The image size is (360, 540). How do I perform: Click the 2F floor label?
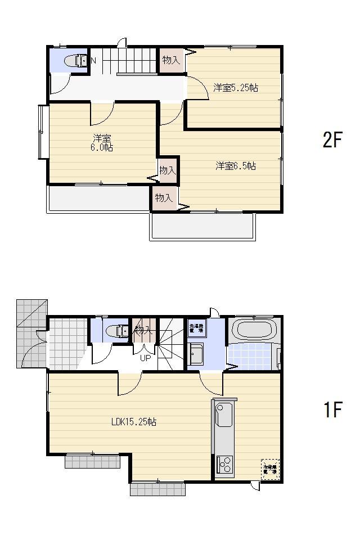(x=332, y=140)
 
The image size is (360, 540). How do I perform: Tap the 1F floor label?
(x=332, y=410)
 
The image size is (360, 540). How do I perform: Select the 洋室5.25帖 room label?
(x=235, y=88)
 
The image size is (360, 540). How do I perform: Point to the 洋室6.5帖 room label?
(x=236, y=166)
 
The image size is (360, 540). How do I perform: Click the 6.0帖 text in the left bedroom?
(x=102, y=147)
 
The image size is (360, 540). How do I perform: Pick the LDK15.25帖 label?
(x=134, y=422)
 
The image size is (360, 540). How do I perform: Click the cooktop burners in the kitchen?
(x=224, y=465)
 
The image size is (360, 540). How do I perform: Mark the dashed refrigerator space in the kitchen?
(x=269, y=468)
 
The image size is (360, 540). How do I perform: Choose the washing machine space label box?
(x=196, y=328)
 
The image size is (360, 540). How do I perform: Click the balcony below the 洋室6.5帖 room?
(x=202, y=226)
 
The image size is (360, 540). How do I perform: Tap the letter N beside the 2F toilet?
(x=93, y=60)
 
